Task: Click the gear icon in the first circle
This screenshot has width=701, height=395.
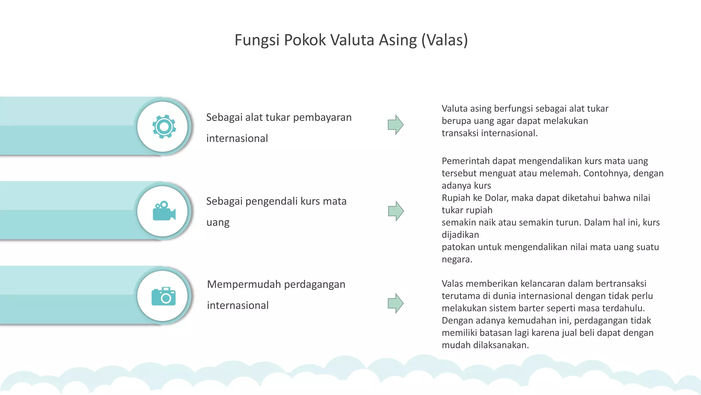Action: pyautogui.click(x=164, y=127)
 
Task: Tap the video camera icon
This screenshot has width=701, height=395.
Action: pyautogui.click(x=164, y=211)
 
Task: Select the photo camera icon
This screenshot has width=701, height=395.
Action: pyautogui.click(x=164, y=296)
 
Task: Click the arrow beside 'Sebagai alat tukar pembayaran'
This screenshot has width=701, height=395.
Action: pyautogui.click(x=395, y=124)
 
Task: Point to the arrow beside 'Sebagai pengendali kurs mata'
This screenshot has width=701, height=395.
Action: pyautogui.click(x=396, y=211)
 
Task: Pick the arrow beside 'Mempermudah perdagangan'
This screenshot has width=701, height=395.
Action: pyautogui.click(x=395, y=303)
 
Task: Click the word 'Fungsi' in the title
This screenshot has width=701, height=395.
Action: pyautogui.click(x=257, y=40)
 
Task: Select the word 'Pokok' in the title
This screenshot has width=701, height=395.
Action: pyautogui.click(x=305, y=40)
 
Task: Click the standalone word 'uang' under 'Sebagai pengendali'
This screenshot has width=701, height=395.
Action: pyautogui.click(x=218, y=223)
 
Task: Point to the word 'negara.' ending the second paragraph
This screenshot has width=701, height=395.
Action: pyautogui.click(x=457, y=260)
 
